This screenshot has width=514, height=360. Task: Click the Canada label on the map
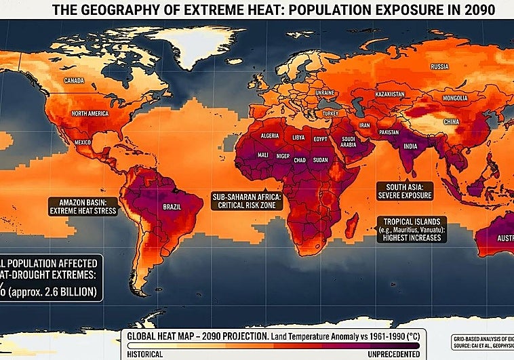coord(74,81)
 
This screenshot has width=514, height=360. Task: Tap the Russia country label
coord(440,66)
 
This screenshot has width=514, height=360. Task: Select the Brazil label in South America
coord(173,207)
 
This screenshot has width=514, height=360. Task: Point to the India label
coord(410,146)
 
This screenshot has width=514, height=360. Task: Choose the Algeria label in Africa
coord(270,136)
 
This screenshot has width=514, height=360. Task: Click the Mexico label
coord(83,142)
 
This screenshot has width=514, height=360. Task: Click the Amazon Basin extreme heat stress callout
coord(83,207)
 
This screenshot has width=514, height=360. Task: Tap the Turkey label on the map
coord(330,113)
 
